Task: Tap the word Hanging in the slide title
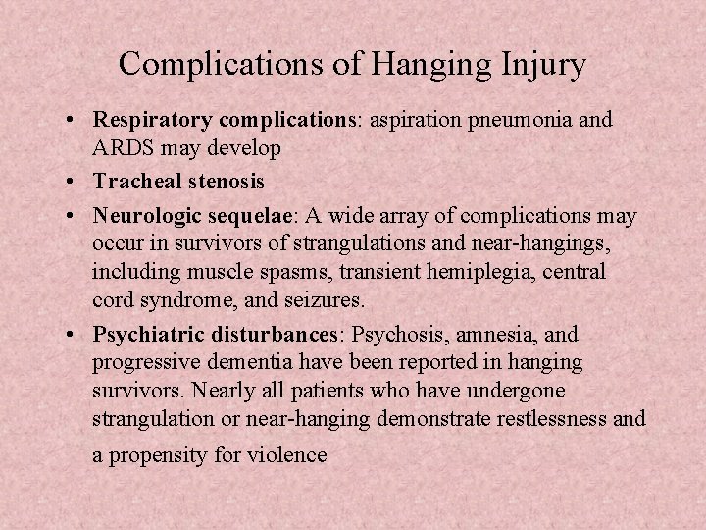(429, 65)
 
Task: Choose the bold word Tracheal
(131, 182)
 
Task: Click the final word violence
(288, 455)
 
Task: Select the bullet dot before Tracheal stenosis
(75, 183)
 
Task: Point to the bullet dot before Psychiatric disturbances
(75, 336)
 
